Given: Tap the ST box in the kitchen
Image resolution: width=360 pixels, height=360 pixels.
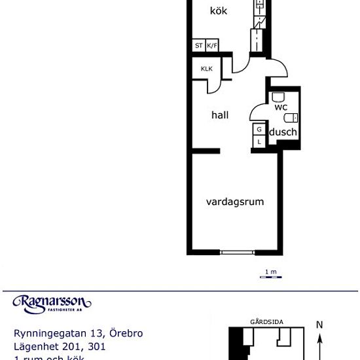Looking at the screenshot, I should point(198,46).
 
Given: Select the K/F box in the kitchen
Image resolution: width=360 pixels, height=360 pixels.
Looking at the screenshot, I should point(212,46).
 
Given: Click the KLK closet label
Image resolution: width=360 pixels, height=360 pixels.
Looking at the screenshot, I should point(206,69).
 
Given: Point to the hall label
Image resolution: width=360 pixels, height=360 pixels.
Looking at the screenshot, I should point(220,115).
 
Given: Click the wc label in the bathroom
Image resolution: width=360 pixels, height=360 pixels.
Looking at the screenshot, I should point(281,107).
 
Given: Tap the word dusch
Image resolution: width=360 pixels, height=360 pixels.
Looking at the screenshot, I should point(283,132).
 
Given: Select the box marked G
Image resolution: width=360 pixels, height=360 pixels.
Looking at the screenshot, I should point(259,129).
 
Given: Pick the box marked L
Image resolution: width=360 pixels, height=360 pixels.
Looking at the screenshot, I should point(259,141).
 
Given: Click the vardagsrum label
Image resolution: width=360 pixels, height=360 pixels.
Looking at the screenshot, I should point(235,202).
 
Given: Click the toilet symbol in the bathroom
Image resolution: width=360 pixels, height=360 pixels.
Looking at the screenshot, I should point(291,118).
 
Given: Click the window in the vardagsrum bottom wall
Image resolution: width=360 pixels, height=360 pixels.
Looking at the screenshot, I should point(238,252).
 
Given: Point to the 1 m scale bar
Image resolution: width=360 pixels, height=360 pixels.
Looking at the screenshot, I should point(270,276).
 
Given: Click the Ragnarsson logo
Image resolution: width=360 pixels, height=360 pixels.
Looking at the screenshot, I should point(52,302).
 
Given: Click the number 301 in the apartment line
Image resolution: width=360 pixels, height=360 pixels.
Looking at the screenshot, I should point(94,346).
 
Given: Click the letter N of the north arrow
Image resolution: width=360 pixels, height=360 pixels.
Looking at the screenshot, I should point(319,324).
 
